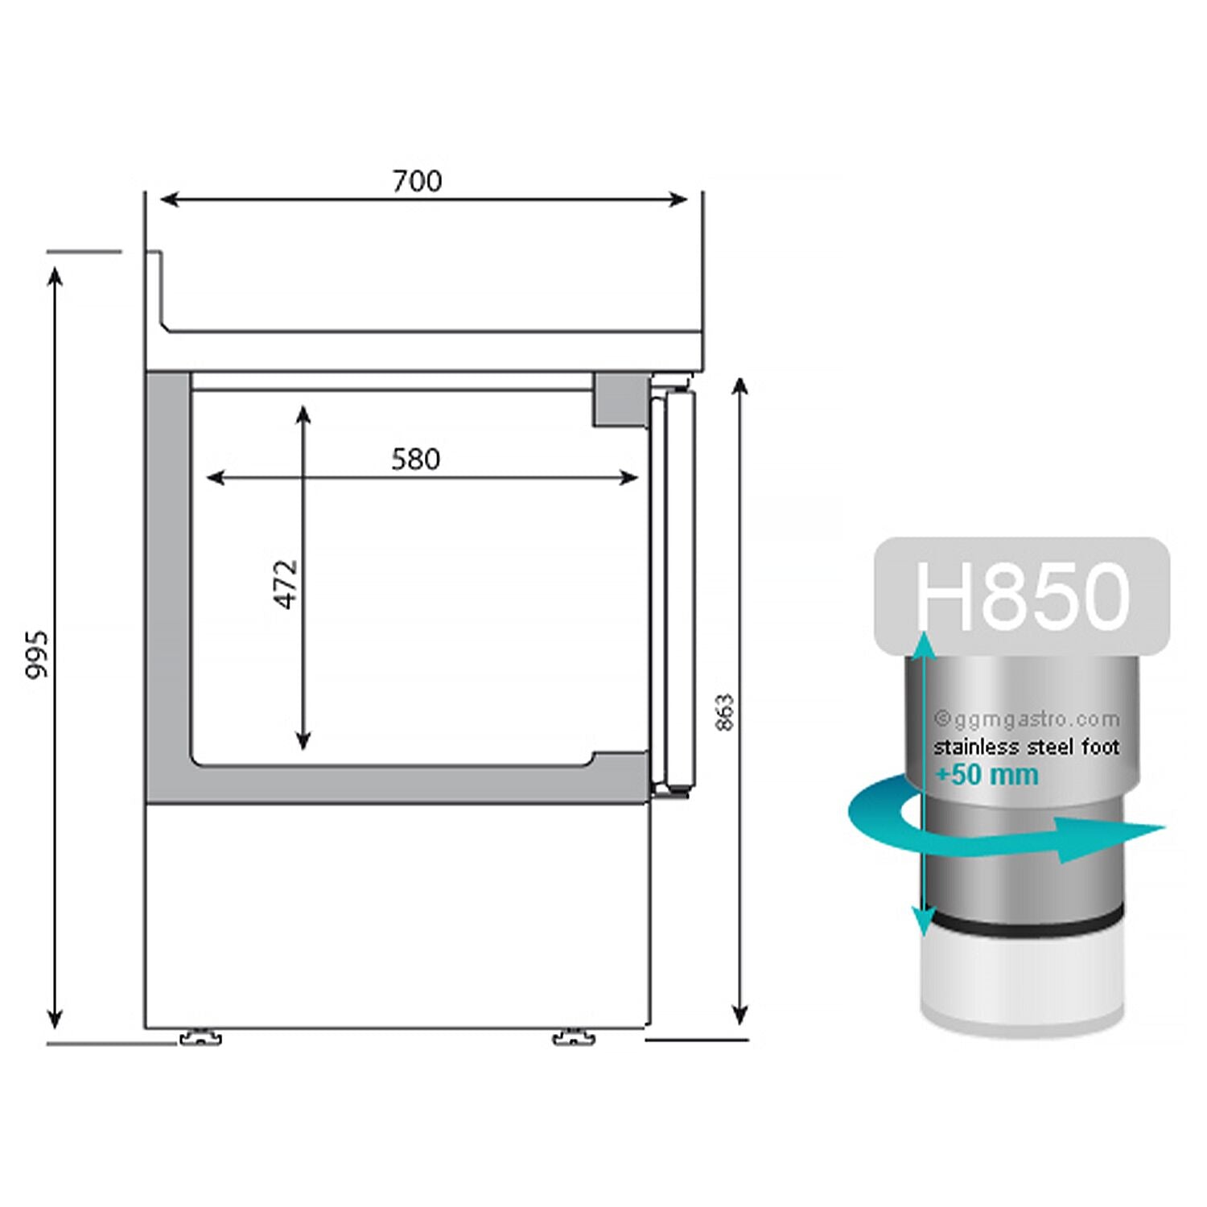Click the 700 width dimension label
coord(417,181)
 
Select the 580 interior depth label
coord(415,459)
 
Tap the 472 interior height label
coord(286,583)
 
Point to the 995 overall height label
coord(37,654)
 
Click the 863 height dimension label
coord(725,712)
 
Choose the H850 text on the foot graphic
coord(1022,595)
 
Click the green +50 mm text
coord(987,775)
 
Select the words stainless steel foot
coord(1026,747)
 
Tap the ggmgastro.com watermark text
coord(1026,719)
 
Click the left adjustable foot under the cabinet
coord(200,1036)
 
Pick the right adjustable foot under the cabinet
coord(573,1036)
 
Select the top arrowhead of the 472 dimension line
coord(303,414)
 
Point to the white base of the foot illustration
coord(1022,982)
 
